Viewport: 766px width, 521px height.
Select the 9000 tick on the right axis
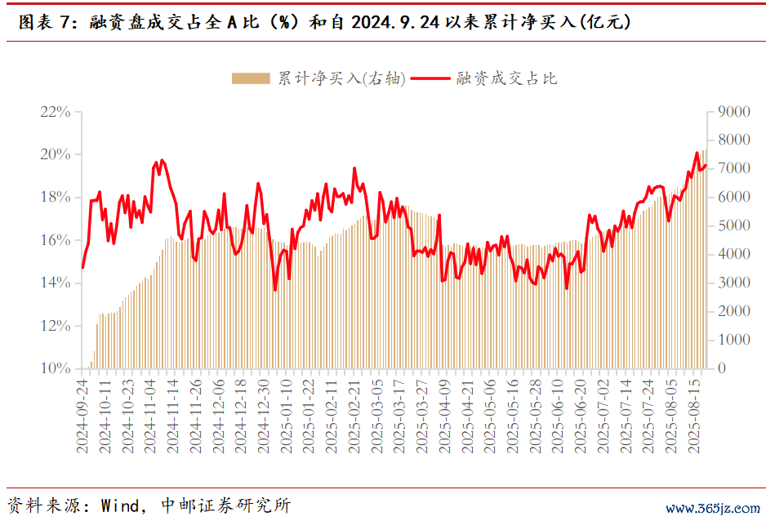click(x=733, y=112)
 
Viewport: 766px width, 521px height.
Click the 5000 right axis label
click(x=733, y=225)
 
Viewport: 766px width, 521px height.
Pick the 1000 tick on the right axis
click(x=733, y=340)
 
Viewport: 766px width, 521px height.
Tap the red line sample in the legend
click(x=430, y=78)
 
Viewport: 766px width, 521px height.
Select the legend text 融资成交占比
click(x=506, y=78)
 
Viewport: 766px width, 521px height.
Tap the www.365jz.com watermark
click(x=711, y=508)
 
